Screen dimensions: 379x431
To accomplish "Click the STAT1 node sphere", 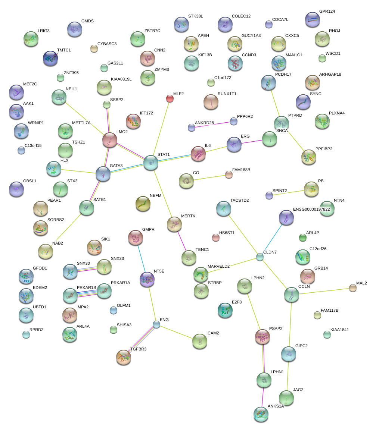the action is coord(151,163).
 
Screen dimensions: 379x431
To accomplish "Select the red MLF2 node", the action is coord(170,98).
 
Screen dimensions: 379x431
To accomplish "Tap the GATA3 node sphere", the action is coord(103,174).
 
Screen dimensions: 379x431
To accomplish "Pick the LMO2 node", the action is coord(109,140).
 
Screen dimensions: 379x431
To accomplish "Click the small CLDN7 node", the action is coord(260,257).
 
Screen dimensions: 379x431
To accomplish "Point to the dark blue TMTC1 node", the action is coord(50,58).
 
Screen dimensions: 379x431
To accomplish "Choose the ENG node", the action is coord(156,325).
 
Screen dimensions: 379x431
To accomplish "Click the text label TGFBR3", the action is coord(138,349).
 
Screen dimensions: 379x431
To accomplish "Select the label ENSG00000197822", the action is coord(311,209).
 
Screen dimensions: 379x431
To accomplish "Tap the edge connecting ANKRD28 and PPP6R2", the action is coord(212,125).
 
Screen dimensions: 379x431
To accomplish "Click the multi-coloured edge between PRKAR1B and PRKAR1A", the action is coord(87,293).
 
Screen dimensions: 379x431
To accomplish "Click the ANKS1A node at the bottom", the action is coord(261,414).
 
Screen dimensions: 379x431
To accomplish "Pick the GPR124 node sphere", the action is coord(313,19).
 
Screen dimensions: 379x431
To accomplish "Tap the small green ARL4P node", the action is coord(303,237).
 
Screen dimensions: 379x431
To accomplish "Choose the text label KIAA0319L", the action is coord(121,79).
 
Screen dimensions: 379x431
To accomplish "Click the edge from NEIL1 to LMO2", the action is coord(85,119).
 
